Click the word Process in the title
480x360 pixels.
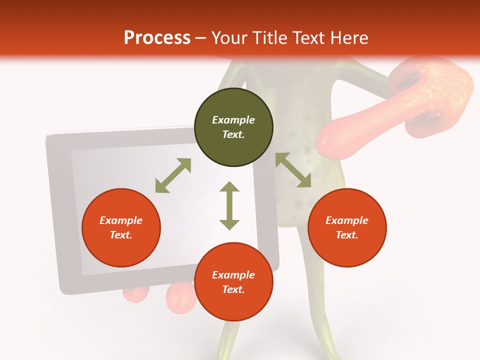point(157,38)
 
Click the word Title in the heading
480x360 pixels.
point(269,38)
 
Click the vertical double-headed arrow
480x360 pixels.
point(229,205)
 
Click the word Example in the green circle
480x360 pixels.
point(233,120)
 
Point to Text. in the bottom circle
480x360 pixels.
point(233,289)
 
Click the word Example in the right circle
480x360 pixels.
point(347,220)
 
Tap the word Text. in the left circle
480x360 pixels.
point(121,235)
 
